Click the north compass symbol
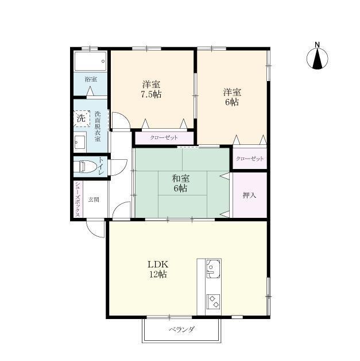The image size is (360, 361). tap(317, 57)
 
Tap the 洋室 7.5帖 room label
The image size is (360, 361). tap(152, 90)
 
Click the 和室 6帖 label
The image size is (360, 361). tap(181, 183)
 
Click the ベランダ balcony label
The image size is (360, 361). tap(181, 329)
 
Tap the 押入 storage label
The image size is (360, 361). tap(249, 195)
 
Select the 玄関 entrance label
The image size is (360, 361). tap(94, 199)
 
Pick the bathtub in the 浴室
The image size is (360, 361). tap(90, 60)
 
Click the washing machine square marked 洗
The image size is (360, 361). tap(82, 118)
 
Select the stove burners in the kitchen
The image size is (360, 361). tap(213, 300)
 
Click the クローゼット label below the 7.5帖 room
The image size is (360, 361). tap(164, 138)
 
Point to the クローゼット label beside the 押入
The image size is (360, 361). tap(250, 159)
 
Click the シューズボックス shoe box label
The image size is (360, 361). tap(78, 198)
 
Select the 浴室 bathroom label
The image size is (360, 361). tap(90, 79)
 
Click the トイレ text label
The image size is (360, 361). tap(101, 166)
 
